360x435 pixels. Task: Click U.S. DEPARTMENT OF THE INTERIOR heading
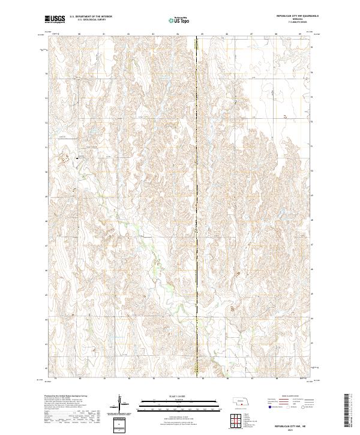pos(91,17)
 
